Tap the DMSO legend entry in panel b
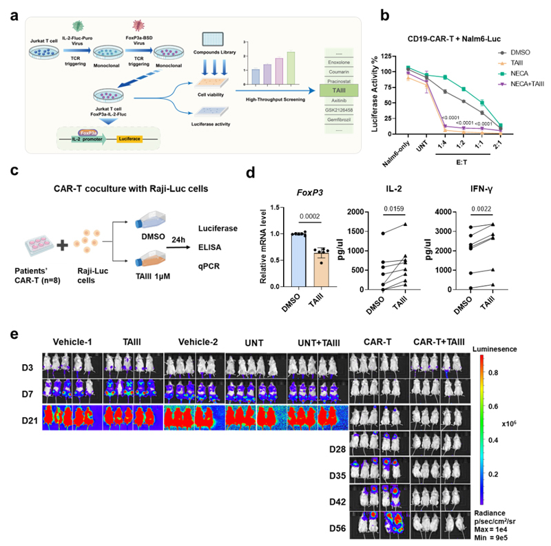coord(505,52)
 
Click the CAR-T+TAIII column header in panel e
coord(439,342)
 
